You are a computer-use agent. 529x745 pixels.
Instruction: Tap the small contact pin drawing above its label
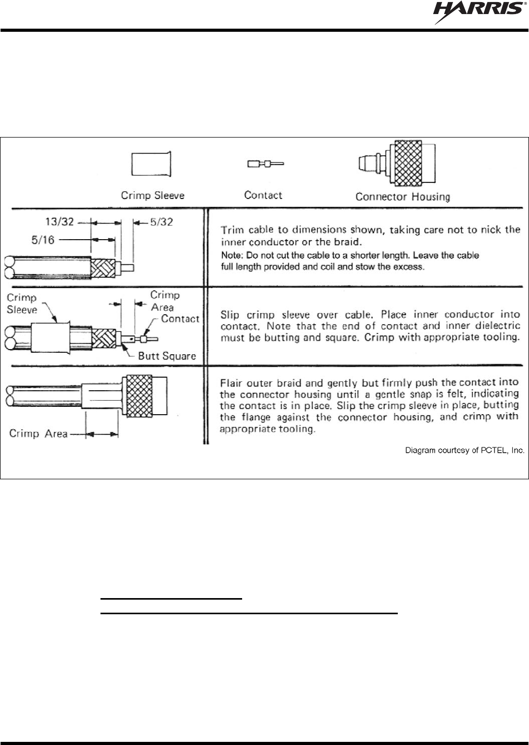[265, 164]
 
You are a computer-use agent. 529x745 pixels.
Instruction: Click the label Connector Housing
[402, 196]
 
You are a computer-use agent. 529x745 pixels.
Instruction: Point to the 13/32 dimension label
[59, 221]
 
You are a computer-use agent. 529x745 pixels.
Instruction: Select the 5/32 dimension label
[161, 221]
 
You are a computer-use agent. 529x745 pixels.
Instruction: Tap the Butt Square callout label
[167, 356]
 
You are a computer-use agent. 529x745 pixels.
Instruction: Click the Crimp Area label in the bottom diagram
[38, 433]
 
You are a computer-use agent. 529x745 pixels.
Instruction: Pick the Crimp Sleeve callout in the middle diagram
[22, 304]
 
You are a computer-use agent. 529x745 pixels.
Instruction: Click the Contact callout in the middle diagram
[180, 318]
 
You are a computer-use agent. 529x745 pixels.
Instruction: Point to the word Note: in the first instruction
[232, 256]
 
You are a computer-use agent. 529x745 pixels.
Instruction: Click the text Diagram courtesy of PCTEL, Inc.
[464, 450]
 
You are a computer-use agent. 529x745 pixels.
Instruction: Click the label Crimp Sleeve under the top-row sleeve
[153, 195]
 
